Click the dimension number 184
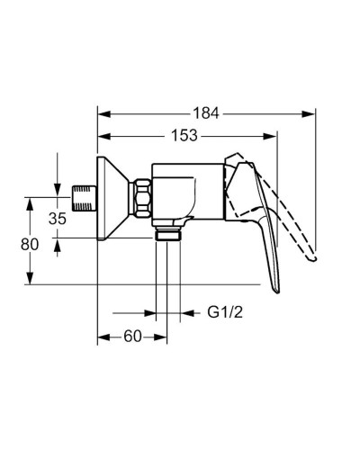(x=207, y=113)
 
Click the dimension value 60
(x=132, y=337)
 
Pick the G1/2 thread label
(x=224, y=315)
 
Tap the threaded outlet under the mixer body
(x=168, y=236)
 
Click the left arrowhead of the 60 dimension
(x=102, y=337)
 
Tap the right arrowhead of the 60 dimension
(x=163, y=337)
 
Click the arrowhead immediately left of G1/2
(x=187, y=315)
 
